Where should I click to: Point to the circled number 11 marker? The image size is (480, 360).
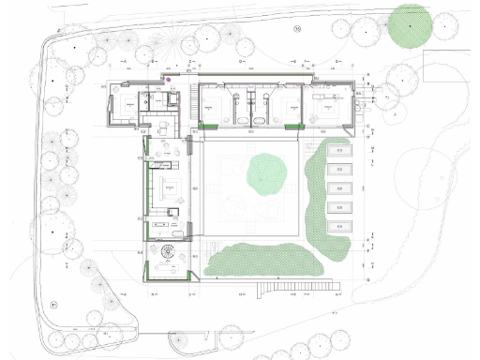54,305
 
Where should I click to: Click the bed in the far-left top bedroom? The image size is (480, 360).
122,106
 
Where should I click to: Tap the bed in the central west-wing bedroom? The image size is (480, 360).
170,187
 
